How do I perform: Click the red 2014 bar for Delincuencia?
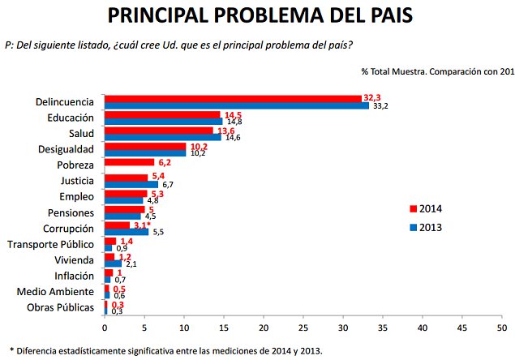click(x=233, y=99)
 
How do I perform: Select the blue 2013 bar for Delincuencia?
click(x=236, y=106)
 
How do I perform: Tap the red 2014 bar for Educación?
click(x=162, y=114)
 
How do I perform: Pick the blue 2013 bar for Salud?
click(x=162, y=137)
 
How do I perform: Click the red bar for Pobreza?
click(x=129, y=162)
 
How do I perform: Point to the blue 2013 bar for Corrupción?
click(x=127, y=232)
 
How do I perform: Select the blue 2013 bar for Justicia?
click(x=131, y=184)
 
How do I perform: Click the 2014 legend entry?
click(x=425, y=209)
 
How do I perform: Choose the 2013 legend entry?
click(x=425, y=228)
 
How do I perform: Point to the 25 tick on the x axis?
click(x=303, y=328)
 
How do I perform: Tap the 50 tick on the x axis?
click(x=502, y=328)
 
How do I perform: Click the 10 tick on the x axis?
click(x=184, y=328)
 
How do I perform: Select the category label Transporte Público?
click(x=50, y=243)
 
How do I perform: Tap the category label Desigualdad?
click(x=67, y=149)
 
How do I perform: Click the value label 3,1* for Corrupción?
click(x=143, y=224)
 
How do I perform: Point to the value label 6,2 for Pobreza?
click(x=163, y=162)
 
